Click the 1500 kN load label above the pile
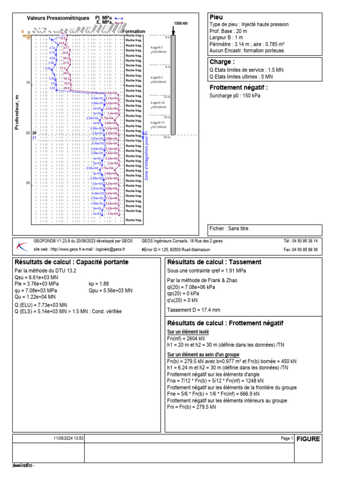click(180, 23)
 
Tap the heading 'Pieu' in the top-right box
click(216, 17)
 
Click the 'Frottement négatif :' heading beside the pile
click(239, 87)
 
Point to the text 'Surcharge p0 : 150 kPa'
click(235, 96)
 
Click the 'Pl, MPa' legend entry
click(104, 17)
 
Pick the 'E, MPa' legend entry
click(104, 22)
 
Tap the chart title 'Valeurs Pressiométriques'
click(58, 18)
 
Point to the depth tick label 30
click(28, 183)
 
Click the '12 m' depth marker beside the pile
click(166, 97)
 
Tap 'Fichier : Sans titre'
click(229, 229)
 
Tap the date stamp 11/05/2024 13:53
click(68, 438)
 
